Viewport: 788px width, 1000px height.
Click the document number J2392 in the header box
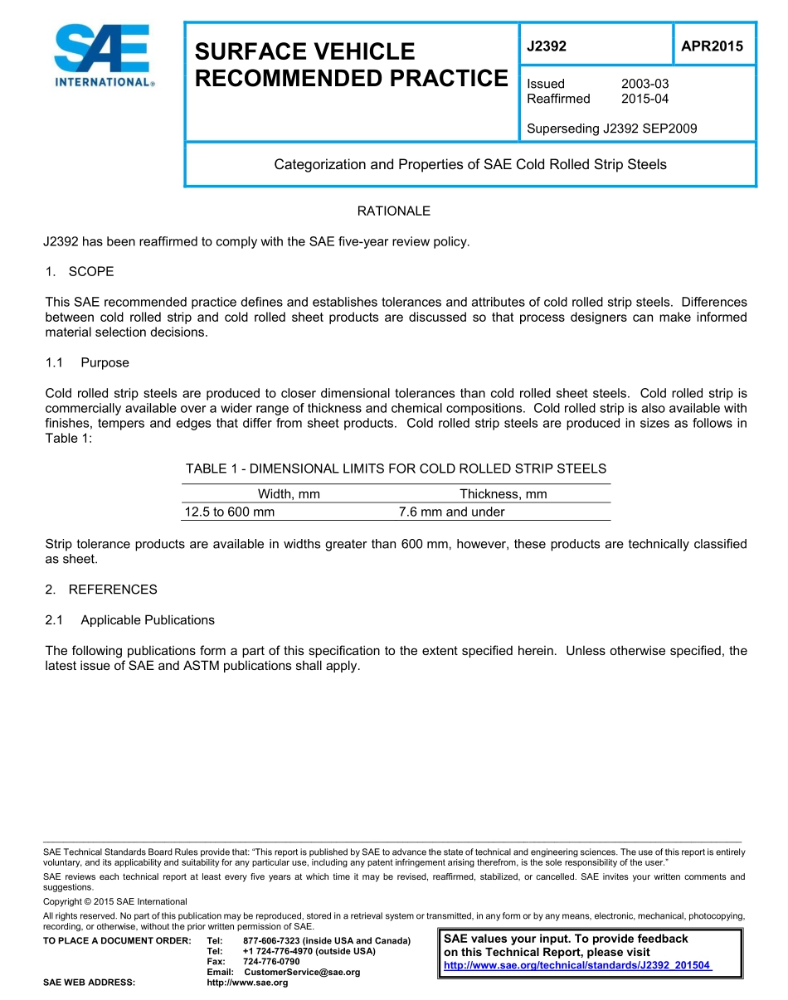(547, 46)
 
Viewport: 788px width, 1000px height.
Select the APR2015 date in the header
(712, 46)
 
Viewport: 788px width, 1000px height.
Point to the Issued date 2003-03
(645, 84)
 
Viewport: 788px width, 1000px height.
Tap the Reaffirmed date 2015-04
(645, 99)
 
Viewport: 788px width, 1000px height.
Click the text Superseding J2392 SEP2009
(611, 129)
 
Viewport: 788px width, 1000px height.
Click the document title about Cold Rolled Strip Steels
(470, 164)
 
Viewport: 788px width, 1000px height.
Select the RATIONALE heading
(393, 211)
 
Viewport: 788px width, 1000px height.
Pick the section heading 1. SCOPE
(80, 272)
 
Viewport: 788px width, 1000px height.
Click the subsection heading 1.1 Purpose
(86, 363)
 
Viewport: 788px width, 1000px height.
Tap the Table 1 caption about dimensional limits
(396, 468)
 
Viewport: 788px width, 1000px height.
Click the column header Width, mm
(289, 494)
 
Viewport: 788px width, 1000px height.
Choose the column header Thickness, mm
(503, 494)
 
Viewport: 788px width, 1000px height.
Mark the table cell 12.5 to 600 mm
(229, 512)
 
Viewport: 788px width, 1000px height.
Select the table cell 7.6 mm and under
(451, 512)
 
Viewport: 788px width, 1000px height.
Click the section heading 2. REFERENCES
(101, 590)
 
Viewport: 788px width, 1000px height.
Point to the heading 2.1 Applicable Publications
(129, 620)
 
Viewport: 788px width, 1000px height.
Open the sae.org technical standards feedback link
(577, 966)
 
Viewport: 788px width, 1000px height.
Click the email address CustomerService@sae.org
(301, 972)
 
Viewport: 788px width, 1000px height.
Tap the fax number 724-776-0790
(271, 961)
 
